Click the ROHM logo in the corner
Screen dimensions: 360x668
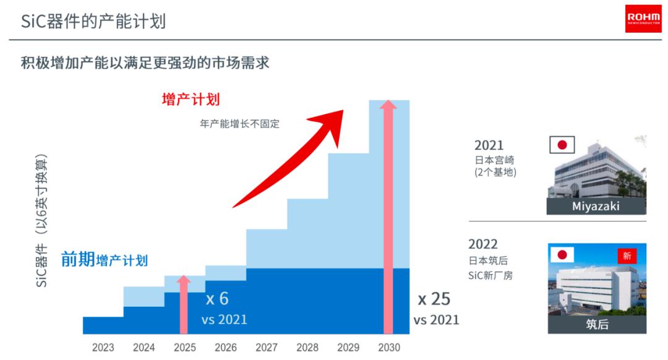tap(643, 19)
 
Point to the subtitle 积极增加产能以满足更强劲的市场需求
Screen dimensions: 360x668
tap(145, 62)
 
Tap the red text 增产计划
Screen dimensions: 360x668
tap(191, 100)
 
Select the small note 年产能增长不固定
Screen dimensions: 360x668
tap(239, 124)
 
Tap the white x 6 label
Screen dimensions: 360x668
tap(217, 299)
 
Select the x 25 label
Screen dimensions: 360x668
tap(434, 299)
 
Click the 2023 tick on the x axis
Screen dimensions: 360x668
tap(103, 348)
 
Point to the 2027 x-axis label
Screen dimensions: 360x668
tap(266, 348)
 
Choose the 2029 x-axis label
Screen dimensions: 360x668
tap(348, 348)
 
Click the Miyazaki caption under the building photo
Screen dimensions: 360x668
tap(596, 206)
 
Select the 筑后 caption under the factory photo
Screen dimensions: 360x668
tap(597, 324)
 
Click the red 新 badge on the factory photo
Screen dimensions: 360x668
tap(627, 255)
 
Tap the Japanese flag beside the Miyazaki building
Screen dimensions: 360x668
tap(562, 145)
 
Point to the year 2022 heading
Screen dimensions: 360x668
tap(483, 244)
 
